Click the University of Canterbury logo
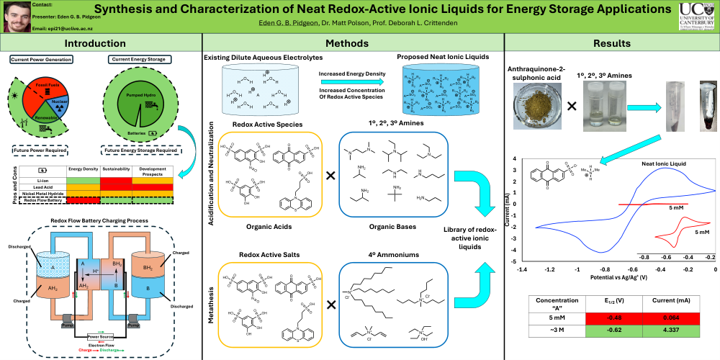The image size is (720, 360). coord(697,17)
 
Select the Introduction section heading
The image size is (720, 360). coord(101,44)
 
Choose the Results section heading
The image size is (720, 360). coord(612,44)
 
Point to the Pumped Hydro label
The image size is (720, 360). coord(138,94)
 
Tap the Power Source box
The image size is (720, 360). coord(101,336)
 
